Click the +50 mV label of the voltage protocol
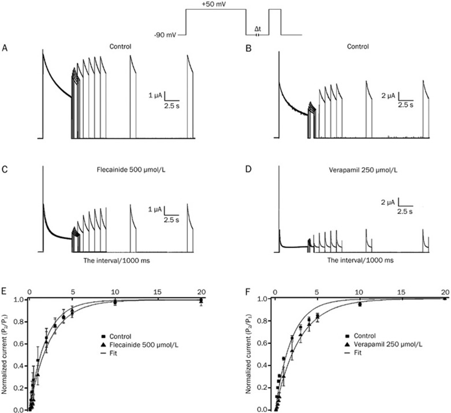pyautogui.click(x=214, y=4)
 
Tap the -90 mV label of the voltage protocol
pyautogui.click(x=165, y=35)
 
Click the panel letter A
pyautogui.click(x=5, y=47)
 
